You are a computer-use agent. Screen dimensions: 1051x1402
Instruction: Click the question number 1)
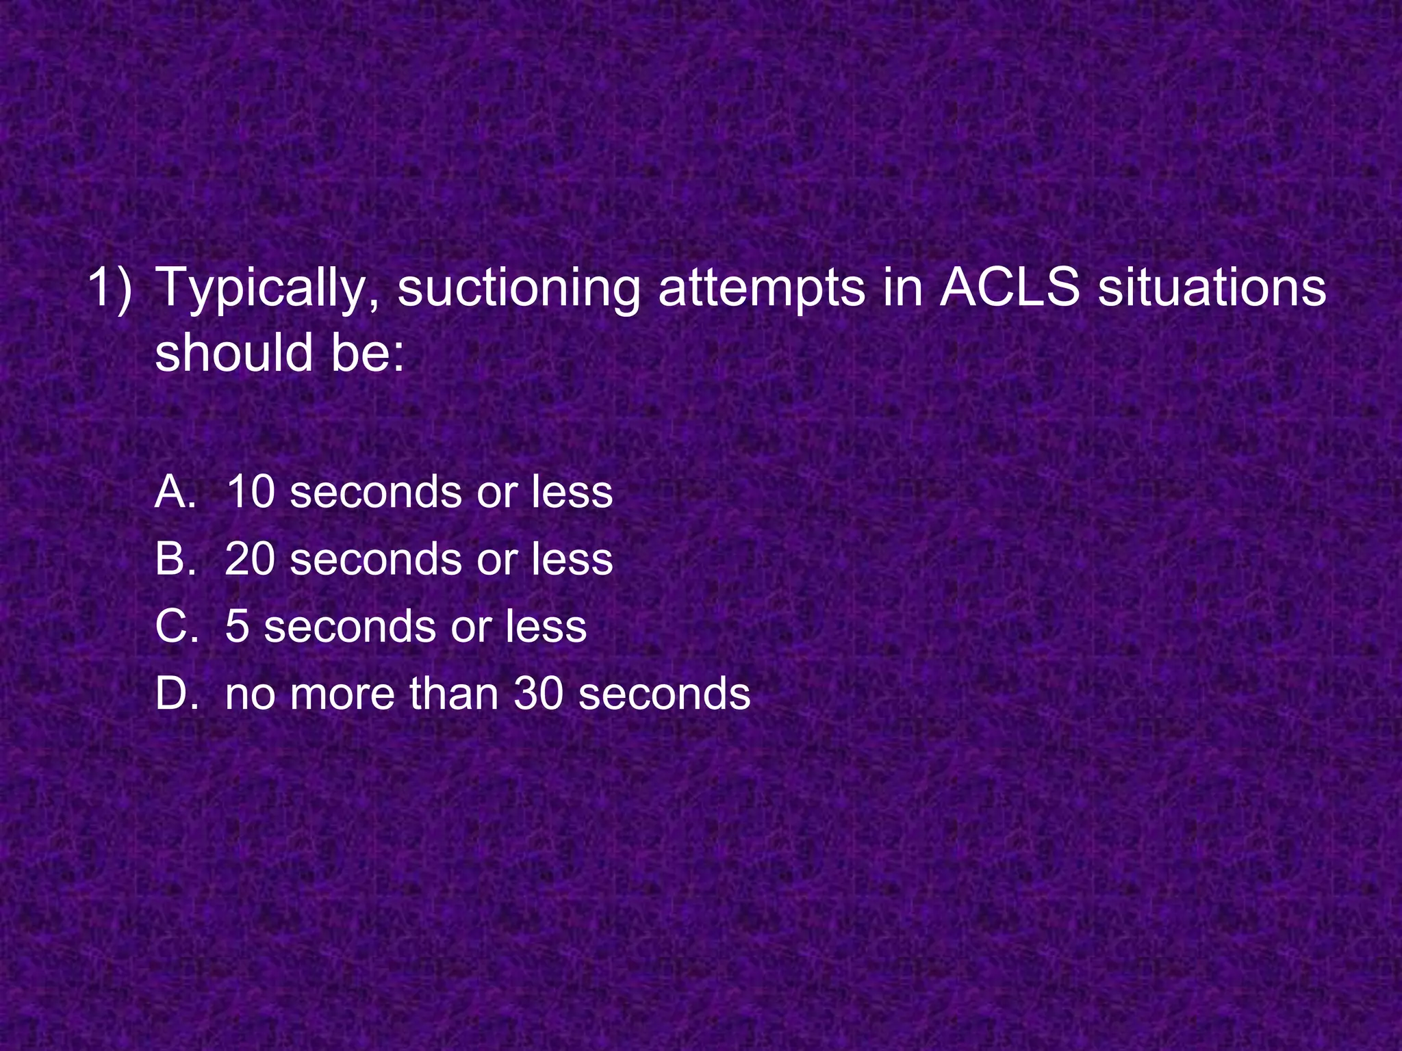[110, 288]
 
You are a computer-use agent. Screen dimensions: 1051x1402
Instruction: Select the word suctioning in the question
[518, 288]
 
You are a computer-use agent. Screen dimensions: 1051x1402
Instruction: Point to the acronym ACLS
[1009, 287]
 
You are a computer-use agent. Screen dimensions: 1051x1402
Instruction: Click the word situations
[1212, 287]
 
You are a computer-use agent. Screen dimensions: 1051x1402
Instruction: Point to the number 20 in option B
[251, 558]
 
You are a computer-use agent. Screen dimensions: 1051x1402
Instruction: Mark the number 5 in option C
[237, 626]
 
